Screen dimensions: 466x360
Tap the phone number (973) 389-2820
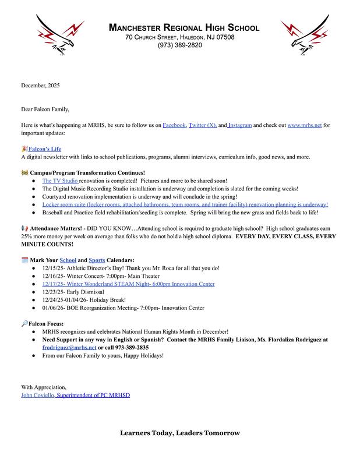(179, 45)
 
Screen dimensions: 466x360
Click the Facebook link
(174, 125)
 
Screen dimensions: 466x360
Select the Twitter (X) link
(203, 125)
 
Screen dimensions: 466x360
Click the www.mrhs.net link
(305, 125)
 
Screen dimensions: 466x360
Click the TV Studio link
(60, 181)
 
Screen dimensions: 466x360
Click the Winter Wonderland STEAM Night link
(128, 284)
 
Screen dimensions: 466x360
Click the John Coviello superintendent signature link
(76, 395)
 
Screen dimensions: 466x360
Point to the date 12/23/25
(54, 292)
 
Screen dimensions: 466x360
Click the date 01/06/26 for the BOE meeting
(54, 308)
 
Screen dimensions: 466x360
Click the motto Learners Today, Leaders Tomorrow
(179, 433)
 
